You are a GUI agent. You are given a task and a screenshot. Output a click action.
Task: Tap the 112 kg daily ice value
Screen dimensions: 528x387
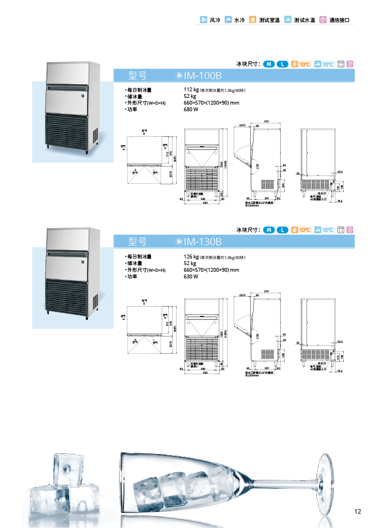coord(191,90)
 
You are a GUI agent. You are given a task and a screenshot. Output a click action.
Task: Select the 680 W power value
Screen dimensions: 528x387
coord(191,110)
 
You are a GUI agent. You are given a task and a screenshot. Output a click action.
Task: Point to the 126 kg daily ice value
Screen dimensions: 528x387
coord(191,257)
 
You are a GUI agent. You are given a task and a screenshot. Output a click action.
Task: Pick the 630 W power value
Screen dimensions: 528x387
coord(191,276)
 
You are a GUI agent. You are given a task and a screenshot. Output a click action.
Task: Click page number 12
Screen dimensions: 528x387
coord(357,511)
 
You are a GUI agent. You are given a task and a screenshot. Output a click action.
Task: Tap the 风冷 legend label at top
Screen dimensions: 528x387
coord(215,20)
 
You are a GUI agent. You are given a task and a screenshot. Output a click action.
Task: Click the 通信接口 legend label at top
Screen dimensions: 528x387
coord(339,20)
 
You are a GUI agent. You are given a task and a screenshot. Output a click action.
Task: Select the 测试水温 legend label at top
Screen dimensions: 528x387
coord(304,20)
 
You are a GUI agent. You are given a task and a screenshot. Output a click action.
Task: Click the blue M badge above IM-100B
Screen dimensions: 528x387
coord(269,64)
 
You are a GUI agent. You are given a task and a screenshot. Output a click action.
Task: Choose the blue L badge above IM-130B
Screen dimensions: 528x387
coord(282,230)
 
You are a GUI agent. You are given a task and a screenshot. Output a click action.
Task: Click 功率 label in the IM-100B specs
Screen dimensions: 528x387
coord(132,110)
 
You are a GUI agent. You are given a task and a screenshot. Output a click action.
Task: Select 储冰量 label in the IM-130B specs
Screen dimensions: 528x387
coord(134,263)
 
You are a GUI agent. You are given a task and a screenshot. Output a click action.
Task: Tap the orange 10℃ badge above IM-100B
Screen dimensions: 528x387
coord(302,64)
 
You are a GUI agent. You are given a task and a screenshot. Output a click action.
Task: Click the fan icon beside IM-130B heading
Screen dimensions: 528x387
coord(178,241)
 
